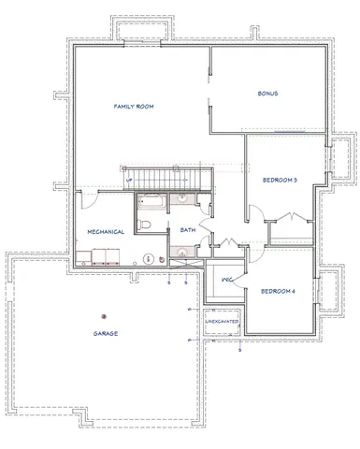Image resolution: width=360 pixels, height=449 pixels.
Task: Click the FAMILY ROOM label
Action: [x=134, y=107]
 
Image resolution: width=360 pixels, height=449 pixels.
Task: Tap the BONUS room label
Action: [x=269, y=94]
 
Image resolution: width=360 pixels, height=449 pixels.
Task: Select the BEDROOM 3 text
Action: [x=281, y=180]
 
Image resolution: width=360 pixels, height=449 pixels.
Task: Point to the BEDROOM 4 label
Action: [x=278, y=291]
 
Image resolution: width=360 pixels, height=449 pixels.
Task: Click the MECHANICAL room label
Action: [x=107, y=231]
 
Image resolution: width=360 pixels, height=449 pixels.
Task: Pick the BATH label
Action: [x=187, y=229]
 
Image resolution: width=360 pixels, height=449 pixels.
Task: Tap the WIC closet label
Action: [x=226, y=280]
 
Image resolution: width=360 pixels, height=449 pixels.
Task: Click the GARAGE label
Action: [x=105, y=333]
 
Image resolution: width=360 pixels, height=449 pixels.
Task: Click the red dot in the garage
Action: [x=105, y=314]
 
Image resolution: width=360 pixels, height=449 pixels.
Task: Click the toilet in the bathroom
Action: [x=147, y=224]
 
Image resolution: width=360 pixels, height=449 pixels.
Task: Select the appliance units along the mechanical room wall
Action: [x=102, y=257]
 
